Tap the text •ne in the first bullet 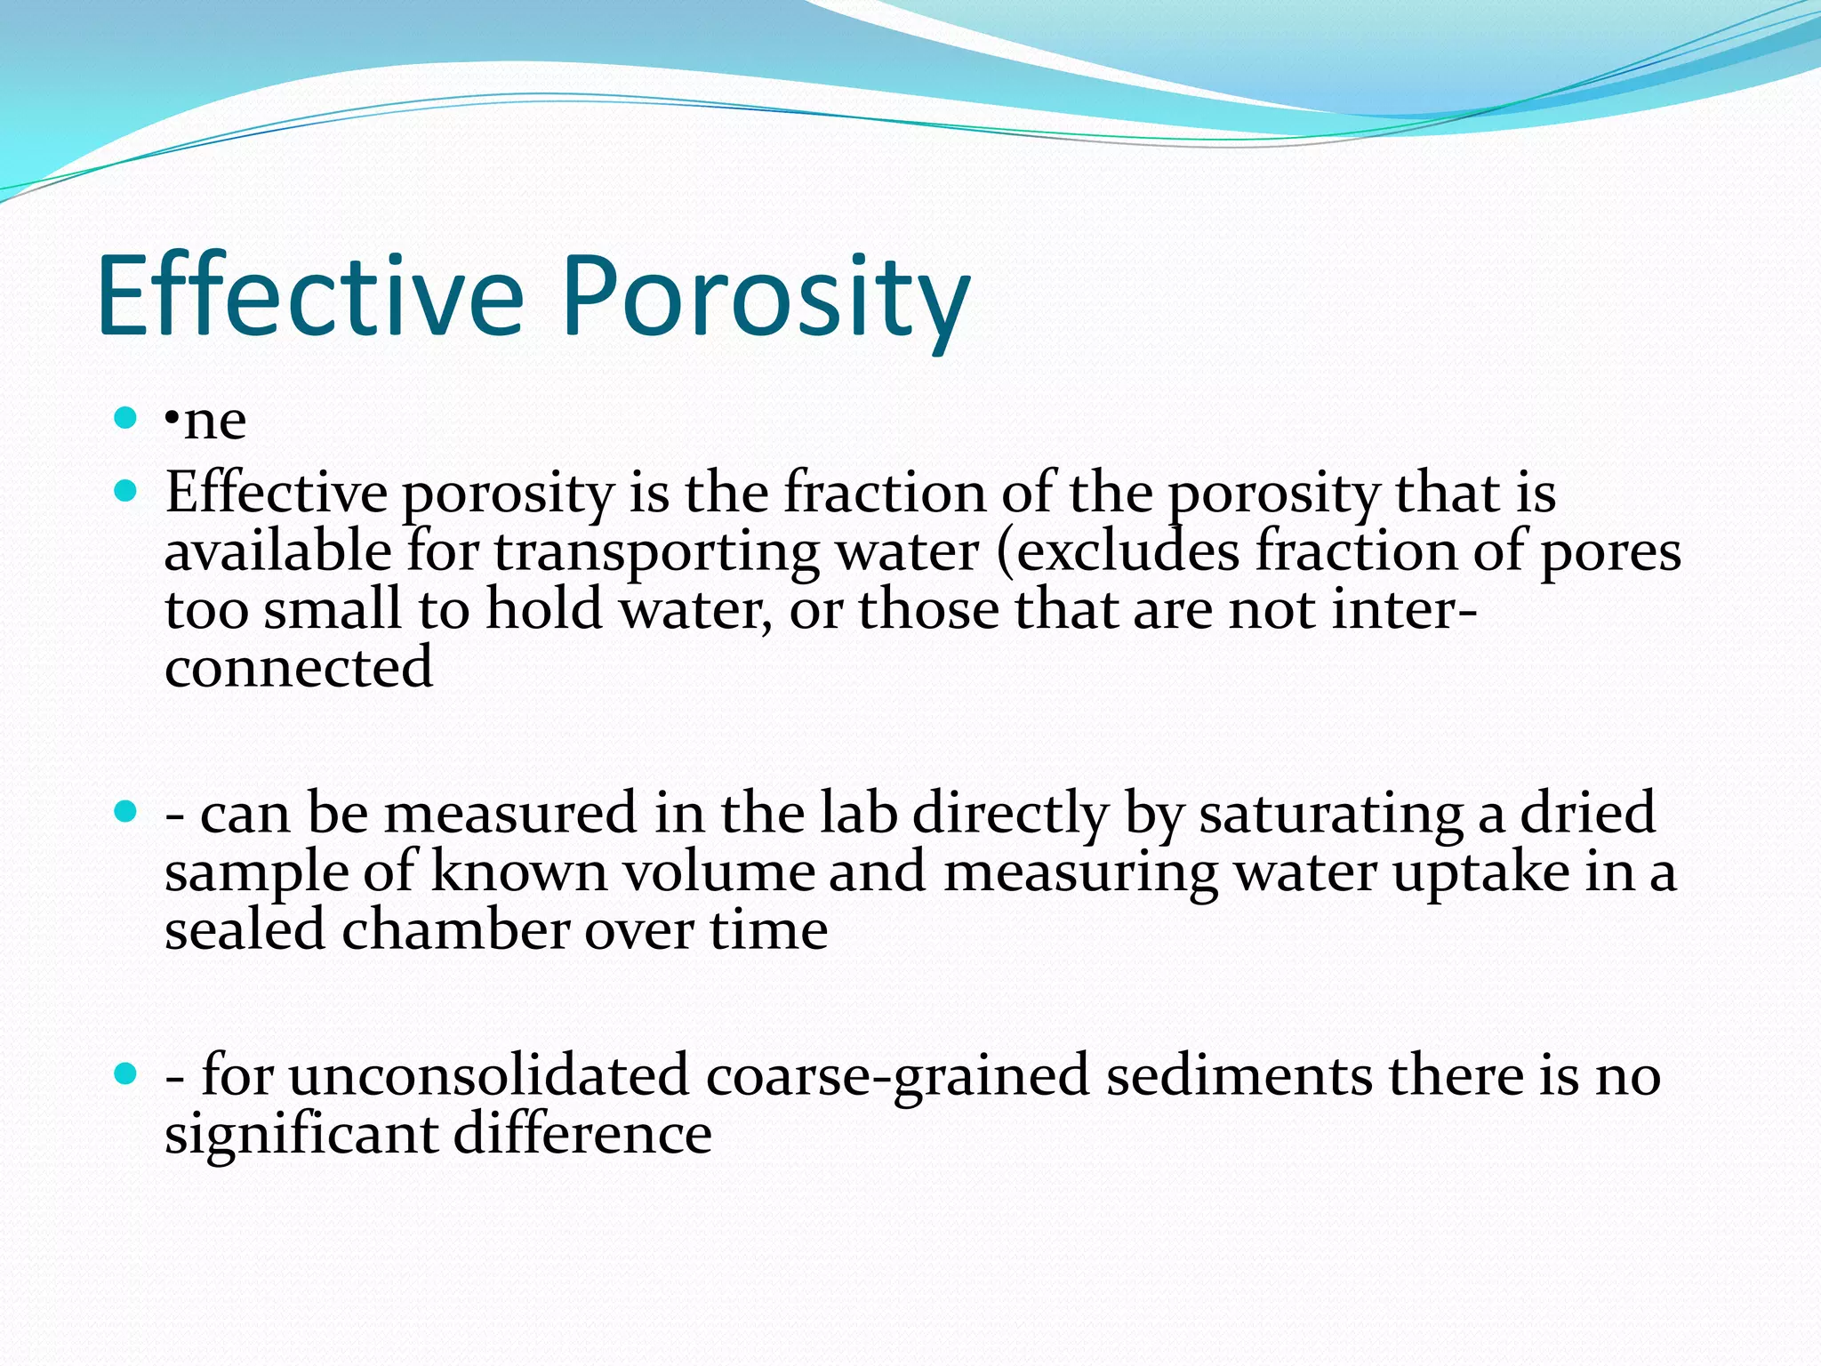pos(206,421)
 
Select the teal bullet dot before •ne pos(125,417)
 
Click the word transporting pos(656,552)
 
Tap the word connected pos(298,668)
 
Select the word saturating pos(1330,813)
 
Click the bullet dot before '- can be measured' pos(125,810)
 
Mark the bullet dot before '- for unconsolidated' pos(125,1073)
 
